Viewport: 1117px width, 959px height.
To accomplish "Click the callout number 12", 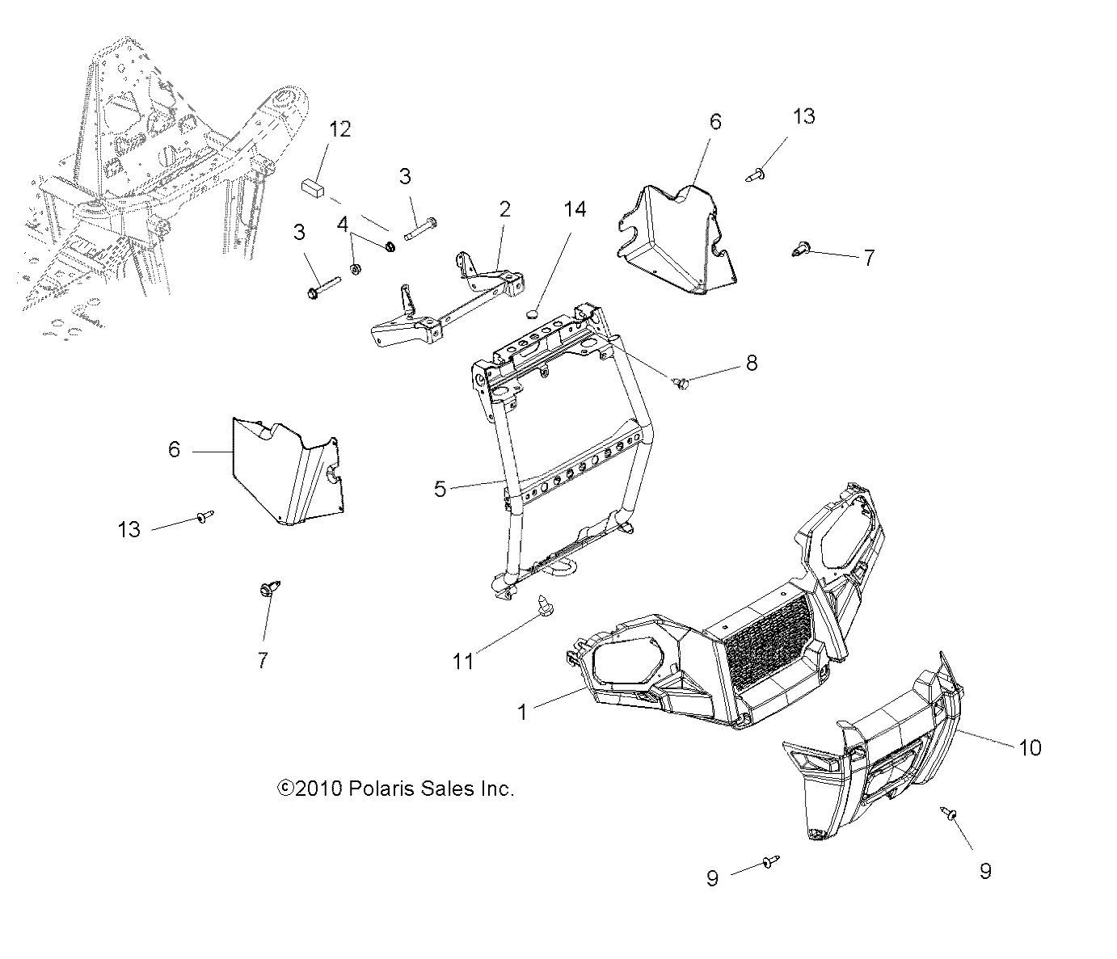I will (x=340, y=129).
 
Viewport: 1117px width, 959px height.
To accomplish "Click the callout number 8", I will (x=751, y=363).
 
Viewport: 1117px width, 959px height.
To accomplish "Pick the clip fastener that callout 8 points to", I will (x=681, y=382).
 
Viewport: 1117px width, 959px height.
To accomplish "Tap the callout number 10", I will (x=1030, y=747).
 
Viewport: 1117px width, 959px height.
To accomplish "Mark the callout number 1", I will (x=522, y=712).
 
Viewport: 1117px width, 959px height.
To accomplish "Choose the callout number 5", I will (x=440, y=489).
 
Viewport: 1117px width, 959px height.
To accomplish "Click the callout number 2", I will (x=505, y=209).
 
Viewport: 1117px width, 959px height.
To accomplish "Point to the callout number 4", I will (x=343, y=224).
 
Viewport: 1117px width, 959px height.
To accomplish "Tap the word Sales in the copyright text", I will (x=448, y=789).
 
